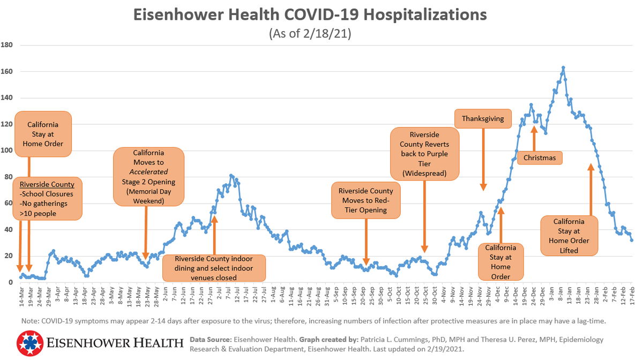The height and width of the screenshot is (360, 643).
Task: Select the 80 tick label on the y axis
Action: pos(9,177)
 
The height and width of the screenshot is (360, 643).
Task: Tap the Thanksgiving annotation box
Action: pos(483,119)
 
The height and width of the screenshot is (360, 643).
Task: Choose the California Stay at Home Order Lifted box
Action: pos(570,236)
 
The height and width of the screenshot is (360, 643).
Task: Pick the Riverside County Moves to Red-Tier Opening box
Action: pos(365,200)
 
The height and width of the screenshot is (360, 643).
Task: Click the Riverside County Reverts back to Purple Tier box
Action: pos(424,154)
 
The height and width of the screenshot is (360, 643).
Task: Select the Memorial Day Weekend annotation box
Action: pos(148,177)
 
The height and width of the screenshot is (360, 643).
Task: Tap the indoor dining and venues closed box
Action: pos(214,268)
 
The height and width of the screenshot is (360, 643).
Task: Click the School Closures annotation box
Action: pos(48,198)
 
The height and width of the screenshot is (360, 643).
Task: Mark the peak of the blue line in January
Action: pos(563,67)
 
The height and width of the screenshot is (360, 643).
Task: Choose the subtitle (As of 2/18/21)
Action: pos(310,34)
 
